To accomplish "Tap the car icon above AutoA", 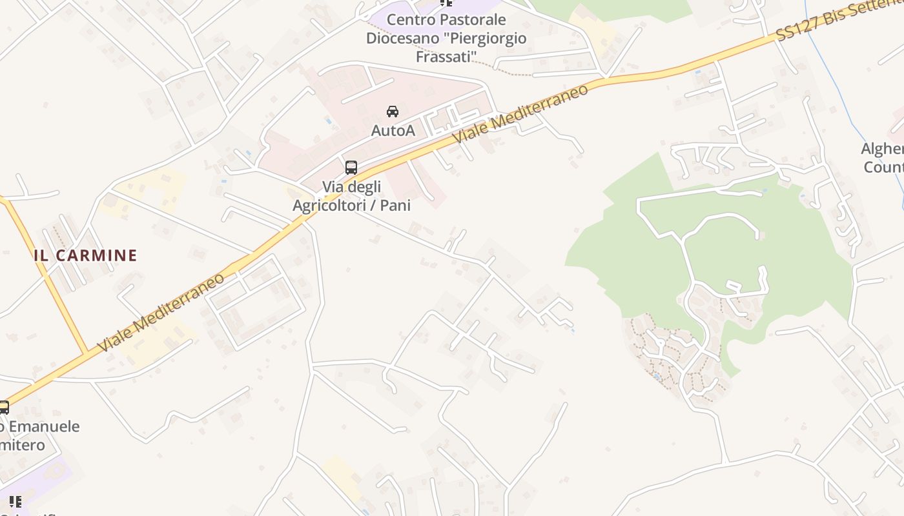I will [x=393, y=112].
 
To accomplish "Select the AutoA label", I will [x=393, y=130].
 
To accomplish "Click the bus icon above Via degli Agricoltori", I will [x=351, y=168].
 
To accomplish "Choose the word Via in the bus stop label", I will [x=333, y=187].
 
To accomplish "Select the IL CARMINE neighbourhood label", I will [x=85, y=255].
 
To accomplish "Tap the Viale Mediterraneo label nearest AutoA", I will [x=520, y=114].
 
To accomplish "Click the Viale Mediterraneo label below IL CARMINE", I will [x=161, y=313].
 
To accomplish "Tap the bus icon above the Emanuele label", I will [x=4, y=408].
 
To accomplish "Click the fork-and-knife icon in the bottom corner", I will [x=15, y=501].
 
